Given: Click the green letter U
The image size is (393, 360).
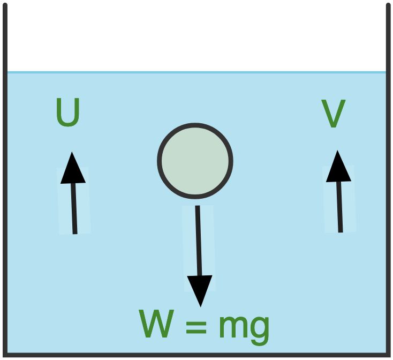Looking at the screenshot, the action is pos(67,112).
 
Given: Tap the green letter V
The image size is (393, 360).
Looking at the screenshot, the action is pos(334,114).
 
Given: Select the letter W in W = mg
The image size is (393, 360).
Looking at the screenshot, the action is pos(156,324).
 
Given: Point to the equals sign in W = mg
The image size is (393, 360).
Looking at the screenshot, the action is pos(196,325).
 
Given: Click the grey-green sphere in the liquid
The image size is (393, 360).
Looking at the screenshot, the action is pos(195,161).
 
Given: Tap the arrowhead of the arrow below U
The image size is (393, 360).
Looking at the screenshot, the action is pos(72,168).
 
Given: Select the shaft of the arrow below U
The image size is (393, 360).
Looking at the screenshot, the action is pos(74,208).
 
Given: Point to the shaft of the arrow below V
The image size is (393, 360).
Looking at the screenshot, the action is pos(339,207).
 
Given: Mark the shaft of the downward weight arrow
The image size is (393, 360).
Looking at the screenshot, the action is pos(199,241).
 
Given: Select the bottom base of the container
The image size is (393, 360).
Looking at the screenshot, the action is pos(196,355).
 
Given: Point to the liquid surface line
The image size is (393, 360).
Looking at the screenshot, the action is pos(196,72).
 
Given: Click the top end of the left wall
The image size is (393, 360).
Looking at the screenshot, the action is pos(5,4).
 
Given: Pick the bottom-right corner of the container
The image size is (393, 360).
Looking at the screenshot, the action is pos(389,355).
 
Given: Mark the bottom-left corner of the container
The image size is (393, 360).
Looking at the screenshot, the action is pos(5,355).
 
